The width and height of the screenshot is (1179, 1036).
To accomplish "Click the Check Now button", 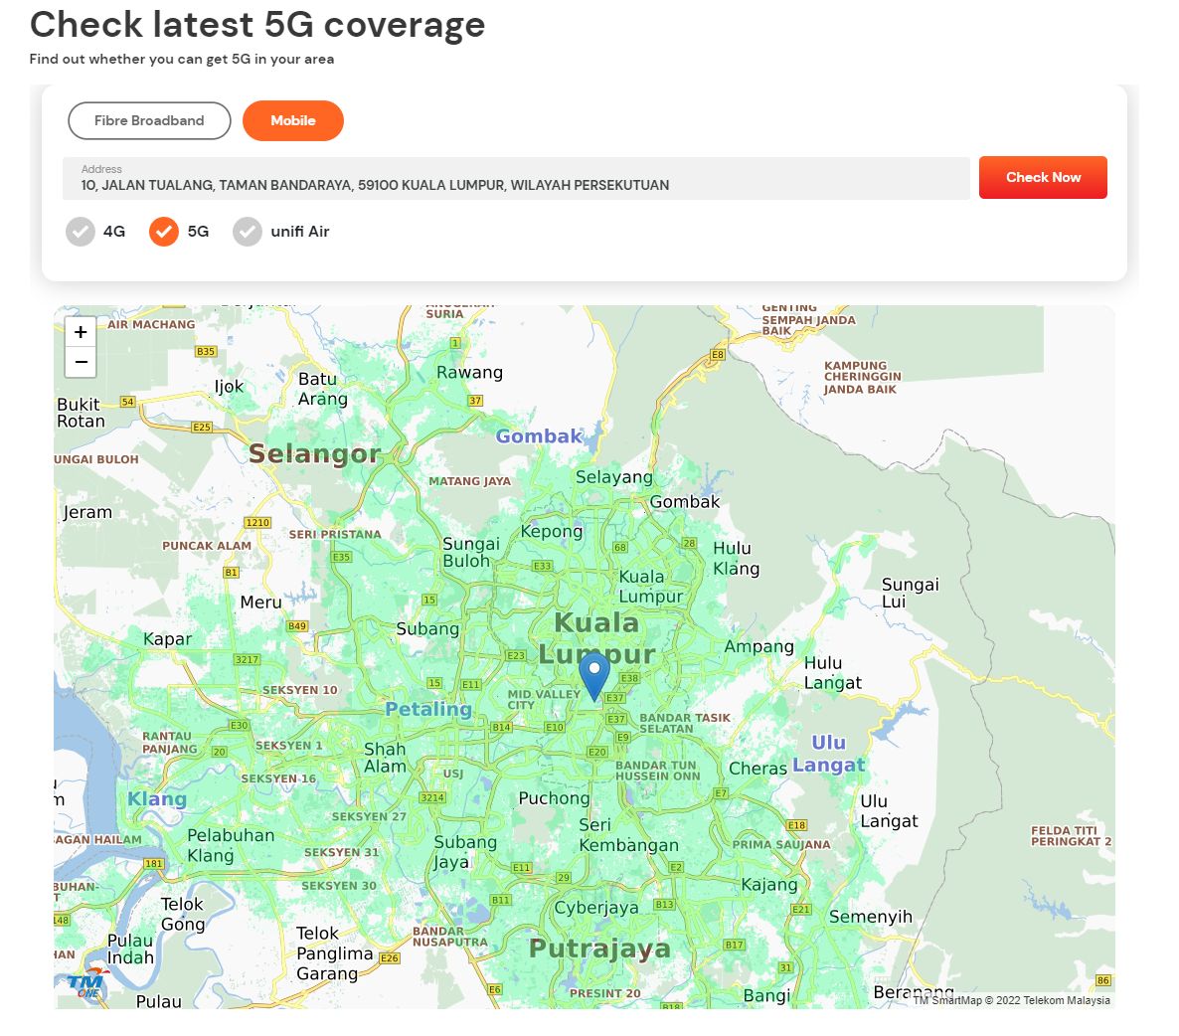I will click(x=1043, y=178).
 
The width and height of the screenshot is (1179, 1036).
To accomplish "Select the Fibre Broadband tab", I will click(x=149, y=121).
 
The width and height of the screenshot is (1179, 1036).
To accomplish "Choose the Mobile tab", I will click(x=293, y=121).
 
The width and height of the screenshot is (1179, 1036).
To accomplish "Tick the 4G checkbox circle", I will click(x=81, y=232).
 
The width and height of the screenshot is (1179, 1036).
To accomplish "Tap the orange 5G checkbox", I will click(x=164, y=232).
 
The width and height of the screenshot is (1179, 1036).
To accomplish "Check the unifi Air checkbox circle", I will click(x=248, y=232).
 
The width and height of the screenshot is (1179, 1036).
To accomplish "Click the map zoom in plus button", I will click(x=81, y=332).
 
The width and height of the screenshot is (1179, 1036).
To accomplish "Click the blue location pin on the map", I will click(x=594, y=673).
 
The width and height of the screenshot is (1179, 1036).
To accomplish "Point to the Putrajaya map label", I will click(x=599, y=949).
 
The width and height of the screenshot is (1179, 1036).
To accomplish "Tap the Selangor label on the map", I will click(x=314, y=454).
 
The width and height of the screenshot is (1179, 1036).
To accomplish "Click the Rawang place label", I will click(x=469, y=373).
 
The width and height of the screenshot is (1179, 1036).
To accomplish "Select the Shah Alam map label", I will click(x=385, y=758).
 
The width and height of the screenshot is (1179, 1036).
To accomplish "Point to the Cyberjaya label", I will click(x=596, y=908).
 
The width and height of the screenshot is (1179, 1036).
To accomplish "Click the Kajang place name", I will click(x=769, y=885).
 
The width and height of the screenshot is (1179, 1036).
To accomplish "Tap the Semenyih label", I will click(x=870, y=917).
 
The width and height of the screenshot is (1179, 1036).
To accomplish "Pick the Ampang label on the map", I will click(x=758, y=647).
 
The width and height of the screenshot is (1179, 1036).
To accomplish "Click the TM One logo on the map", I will click(x=87, y=983).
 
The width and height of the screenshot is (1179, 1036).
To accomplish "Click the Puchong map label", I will click(x=554, y=798).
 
